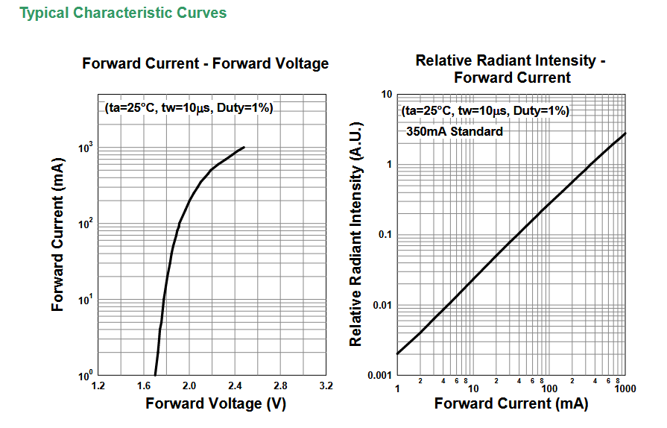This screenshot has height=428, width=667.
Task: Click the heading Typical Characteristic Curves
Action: tap(123, 13)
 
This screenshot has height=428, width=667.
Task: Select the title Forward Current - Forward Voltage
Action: tap(206, 63)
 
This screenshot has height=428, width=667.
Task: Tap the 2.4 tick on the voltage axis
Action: tap(235, 386)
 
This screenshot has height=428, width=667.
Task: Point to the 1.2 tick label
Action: tap(98, 386)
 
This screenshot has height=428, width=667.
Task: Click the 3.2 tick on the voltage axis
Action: tap(326, 386)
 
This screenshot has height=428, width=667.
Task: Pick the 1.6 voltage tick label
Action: tap(144, 386)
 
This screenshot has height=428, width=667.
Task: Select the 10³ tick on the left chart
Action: tap(86, 148)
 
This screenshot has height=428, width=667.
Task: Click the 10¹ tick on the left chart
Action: tap(86, 300)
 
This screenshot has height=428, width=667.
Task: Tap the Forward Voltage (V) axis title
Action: tap(215, 403)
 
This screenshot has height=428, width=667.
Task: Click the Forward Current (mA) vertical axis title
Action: tap(57, 234)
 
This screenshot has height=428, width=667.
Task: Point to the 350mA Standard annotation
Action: tap(455, 131)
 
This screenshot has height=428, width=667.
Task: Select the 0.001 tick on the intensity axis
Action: tap(380, 375)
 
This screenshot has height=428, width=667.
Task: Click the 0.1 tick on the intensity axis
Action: tap(385, 234)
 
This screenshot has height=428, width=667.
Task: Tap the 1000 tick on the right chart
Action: tap(625, 388)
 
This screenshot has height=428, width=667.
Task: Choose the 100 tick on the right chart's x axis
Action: tap(549, 388)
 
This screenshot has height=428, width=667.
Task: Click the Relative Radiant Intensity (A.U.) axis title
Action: tap(356, 234)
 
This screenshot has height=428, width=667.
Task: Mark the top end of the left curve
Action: tap(244, 147)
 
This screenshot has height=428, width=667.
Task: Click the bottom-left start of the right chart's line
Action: tap(397, 353)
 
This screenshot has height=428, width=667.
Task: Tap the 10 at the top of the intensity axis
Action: tap(387, 94)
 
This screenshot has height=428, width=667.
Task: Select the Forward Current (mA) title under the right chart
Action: tap(511, 403)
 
